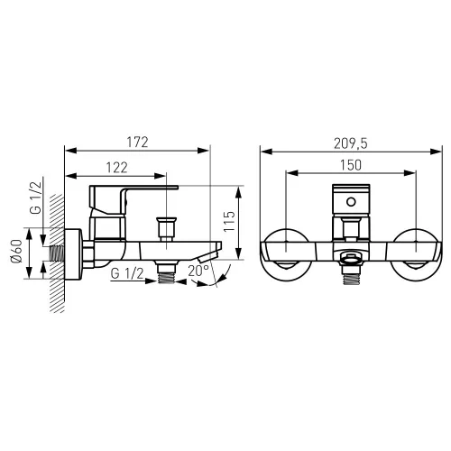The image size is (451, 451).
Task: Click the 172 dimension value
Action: [137, 143]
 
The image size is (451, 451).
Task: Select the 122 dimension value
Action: [116, 168]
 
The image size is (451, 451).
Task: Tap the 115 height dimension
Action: [229, 222]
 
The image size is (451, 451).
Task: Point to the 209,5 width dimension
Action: [351, 143]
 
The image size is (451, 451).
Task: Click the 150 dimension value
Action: [351, 165]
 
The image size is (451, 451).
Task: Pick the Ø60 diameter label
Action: [16, 251]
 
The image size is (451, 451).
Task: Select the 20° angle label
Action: [198, 272]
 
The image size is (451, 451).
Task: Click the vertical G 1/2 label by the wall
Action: [36, 198]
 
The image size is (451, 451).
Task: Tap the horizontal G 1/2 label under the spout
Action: [127, 273]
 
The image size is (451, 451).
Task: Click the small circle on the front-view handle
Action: [351, 202]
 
